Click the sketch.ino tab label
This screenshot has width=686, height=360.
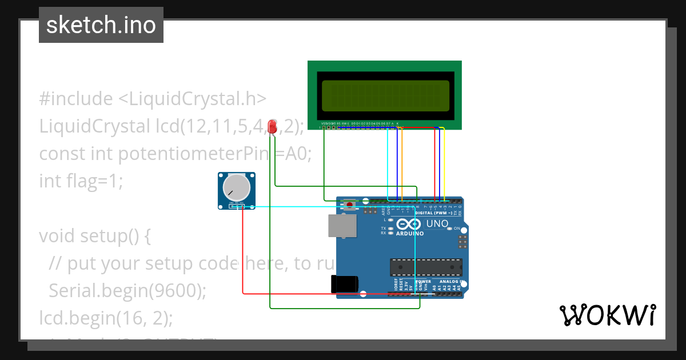click(101, 25)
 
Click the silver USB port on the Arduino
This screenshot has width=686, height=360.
click(342, 225)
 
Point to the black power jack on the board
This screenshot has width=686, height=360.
click(345, 284)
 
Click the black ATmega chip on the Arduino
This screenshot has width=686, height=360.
click(426, 267)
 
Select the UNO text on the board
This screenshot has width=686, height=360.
click(437, 223)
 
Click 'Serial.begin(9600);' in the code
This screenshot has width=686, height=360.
click(127, 290)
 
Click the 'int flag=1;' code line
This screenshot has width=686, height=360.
click(81, 181)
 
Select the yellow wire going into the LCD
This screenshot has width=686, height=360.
click(444, 160)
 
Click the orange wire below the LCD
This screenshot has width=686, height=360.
click(402, 160)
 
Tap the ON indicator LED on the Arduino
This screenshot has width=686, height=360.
click(449, 229)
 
